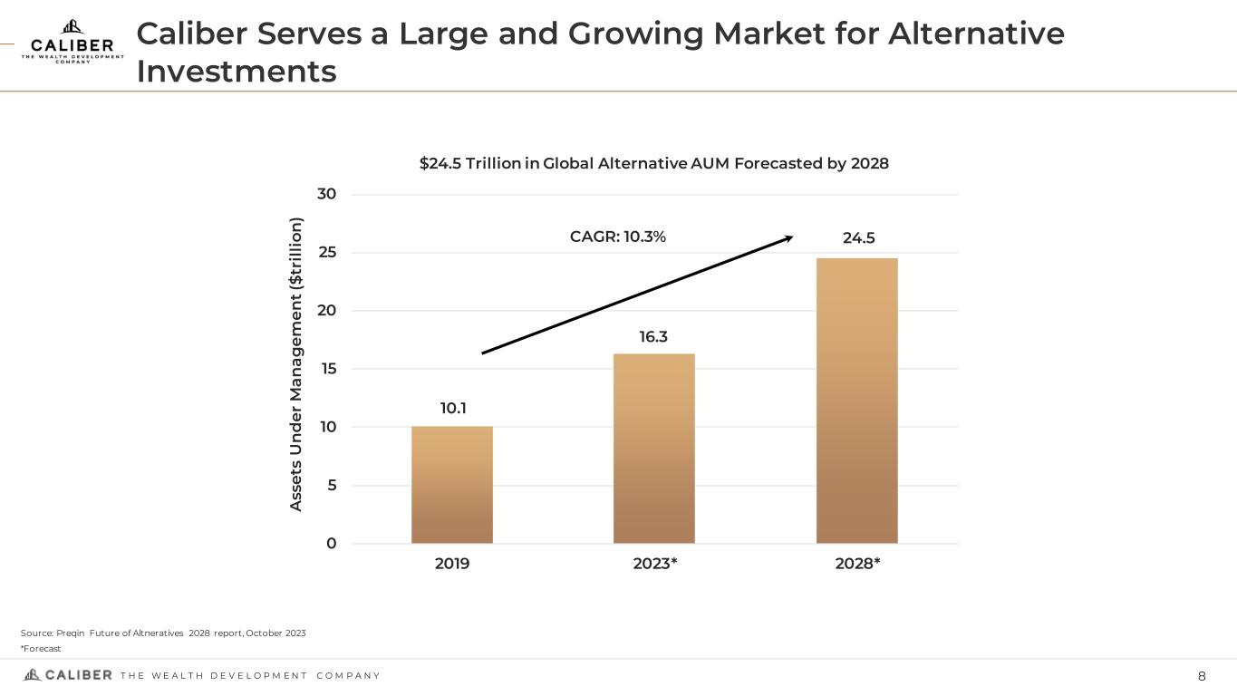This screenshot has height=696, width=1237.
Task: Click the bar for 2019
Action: [452, 485]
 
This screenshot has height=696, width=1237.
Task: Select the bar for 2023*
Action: [654, 449]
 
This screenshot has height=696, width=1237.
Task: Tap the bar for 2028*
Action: [856, 401]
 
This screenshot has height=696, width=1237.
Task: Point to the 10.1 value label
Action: [453, 409]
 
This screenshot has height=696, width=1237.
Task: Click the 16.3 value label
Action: [653, 337]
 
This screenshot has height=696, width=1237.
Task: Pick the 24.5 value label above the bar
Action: [857, 238]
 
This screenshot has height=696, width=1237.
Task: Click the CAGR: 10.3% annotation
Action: [618, 237]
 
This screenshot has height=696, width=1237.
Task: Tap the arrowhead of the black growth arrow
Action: [788, 238]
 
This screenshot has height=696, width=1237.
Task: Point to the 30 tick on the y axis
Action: [326, 194]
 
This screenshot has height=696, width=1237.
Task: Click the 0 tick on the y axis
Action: [331, 544]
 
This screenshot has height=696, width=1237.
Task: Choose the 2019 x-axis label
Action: [452, 564]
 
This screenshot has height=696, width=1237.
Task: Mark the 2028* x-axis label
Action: [857, 564]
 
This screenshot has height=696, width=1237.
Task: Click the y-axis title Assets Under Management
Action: [296, 362]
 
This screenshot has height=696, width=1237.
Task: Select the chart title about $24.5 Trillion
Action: [653, 163]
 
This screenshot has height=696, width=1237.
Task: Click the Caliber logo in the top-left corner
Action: [72, 42]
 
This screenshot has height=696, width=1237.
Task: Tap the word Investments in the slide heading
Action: [237, 71]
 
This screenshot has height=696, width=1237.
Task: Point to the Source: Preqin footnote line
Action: [163, 633]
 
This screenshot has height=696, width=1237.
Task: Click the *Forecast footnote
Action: [41, 649]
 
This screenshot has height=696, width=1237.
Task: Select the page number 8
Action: [1202, 676]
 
